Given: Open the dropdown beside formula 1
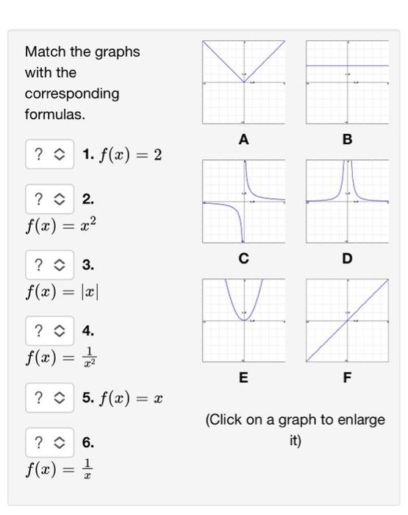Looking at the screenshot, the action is pos(49,154).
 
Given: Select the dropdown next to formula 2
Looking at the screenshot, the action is pos(49,199).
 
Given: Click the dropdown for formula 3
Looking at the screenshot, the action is pos(49,265).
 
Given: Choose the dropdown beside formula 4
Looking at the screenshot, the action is pos(49,331).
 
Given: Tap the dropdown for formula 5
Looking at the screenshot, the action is pos(49,398).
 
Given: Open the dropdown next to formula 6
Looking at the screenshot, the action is pos(49,442).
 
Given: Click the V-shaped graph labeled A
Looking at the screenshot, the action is pos(244,82).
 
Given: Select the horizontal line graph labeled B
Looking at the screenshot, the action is pos(348,82).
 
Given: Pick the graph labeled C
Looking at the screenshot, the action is pos(244,201).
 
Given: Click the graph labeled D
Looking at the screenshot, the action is pos(348,201).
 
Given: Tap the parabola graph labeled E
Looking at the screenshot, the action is pos(244,320).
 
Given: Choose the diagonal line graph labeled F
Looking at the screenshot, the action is pos(348,320).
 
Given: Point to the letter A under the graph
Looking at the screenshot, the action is pos(244,139).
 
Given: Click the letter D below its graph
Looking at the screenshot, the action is pos(348,258).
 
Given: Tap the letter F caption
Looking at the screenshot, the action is pos(348,377).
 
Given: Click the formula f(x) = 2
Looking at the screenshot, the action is pos(129,155).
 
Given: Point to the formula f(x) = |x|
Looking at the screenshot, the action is pos(62,291).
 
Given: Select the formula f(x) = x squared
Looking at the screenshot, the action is pos(60,224).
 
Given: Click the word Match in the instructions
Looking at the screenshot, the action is pos(45,52).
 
